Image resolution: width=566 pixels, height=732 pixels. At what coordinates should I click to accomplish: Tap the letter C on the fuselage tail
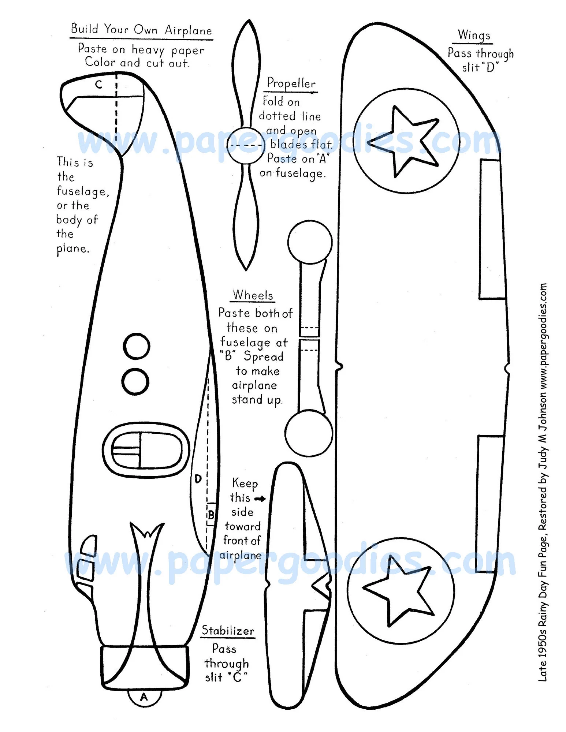tap(98, 85)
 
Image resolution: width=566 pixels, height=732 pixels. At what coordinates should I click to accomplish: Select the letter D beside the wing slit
tap(198, 479)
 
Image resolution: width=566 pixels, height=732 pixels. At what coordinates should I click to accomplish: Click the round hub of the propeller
tap(245, 145)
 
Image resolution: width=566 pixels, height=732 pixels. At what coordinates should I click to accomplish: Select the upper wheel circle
tap(310, 242)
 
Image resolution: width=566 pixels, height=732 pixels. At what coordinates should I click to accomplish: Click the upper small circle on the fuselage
tap(137, 346)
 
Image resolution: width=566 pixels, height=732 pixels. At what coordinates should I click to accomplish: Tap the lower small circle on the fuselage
tap(135, 381)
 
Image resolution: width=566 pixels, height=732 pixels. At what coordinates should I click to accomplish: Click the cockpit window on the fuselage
tap(146, 450)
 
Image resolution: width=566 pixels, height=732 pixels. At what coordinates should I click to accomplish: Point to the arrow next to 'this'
tap(260, 498)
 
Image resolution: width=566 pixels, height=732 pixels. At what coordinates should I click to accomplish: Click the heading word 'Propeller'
tap(291, 83)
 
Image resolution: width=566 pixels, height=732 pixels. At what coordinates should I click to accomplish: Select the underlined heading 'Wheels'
tap(253, 295)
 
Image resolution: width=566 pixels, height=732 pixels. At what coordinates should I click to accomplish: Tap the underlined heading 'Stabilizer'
tap(228, 631)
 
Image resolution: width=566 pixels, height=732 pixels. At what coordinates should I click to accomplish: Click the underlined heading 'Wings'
tap(474, 36)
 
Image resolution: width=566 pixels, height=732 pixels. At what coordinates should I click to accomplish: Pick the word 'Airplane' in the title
tap(188, 30)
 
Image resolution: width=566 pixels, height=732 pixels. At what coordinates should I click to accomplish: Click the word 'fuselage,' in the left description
tap(83, 191)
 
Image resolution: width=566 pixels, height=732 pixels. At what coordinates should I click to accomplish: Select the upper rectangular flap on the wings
tap(492, 229)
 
